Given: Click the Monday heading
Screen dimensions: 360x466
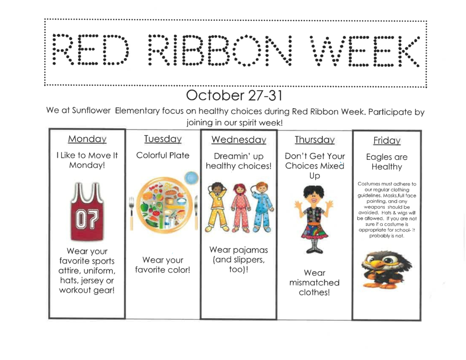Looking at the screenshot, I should [x=87, y=139].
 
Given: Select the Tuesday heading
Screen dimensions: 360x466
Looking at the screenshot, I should [x=162, y=139].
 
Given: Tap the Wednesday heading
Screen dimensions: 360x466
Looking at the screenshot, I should [x=238, y=140].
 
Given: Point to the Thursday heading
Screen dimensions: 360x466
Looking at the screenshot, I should [x=314, y=140].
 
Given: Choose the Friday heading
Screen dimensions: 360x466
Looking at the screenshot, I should [x=386, y=141].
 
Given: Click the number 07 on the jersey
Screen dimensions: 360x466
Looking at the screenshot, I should [x=86, y=221].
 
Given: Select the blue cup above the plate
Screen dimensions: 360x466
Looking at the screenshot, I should [x=192, y=177].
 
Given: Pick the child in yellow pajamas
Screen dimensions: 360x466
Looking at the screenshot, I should [x=217, y=207].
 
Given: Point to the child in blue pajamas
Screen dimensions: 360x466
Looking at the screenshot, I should [x=263, y=207].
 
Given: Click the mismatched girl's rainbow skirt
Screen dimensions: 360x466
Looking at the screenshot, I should [x=314, y=230].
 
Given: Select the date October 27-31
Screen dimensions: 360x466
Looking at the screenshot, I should [x=234, y=96].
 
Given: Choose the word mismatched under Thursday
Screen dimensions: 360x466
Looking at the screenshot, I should [x=314, y=283].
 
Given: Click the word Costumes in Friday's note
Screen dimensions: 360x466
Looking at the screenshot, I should [x=368, y=184].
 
